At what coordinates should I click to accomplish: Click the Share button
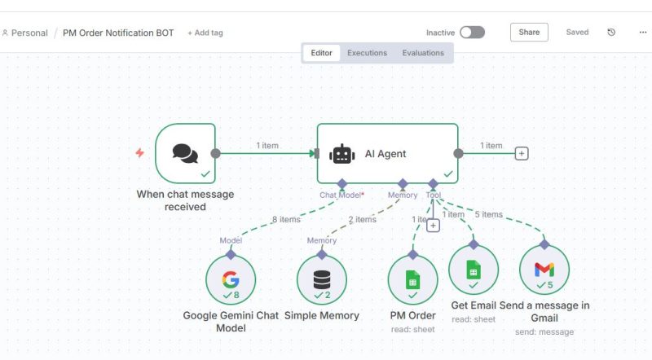click(529, 33)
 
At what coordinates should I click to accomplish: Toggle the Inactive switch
click(472, 33)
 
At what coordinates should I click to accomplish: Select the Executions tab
click(367, 53)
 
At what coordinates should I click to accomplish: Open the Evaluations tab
click(423, 53)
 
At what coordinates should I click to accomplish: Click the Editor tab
click(321, 53)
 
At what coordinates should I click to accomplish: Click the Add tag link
click(205, 33)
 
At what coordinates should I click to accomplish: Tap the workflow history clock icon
click(612, 33)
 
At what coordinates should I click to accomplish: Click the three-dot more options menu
click(642, 33)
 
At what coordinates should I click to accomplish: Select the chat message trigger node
click(185, 153)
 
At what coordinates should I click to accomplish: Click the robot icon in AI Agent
click(341, 154)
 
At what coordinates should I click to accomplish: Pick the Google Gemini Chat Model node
click(231, 280)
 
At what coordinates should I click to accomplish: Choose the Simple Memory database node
click(322, 280)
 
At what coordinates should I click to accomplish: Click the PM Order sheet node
click(412, 280)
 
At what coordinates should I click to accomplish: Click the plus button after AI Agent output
click(522, 153)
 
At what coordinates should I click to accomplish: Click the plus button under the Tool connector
click(433, 226)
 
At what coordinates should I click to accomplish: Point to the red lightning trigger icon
click(139, 153)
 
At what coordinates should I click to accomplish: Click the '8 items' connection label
click(285, 219)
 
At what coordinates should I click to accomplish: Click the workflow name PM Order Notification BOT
click(119, 33)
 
